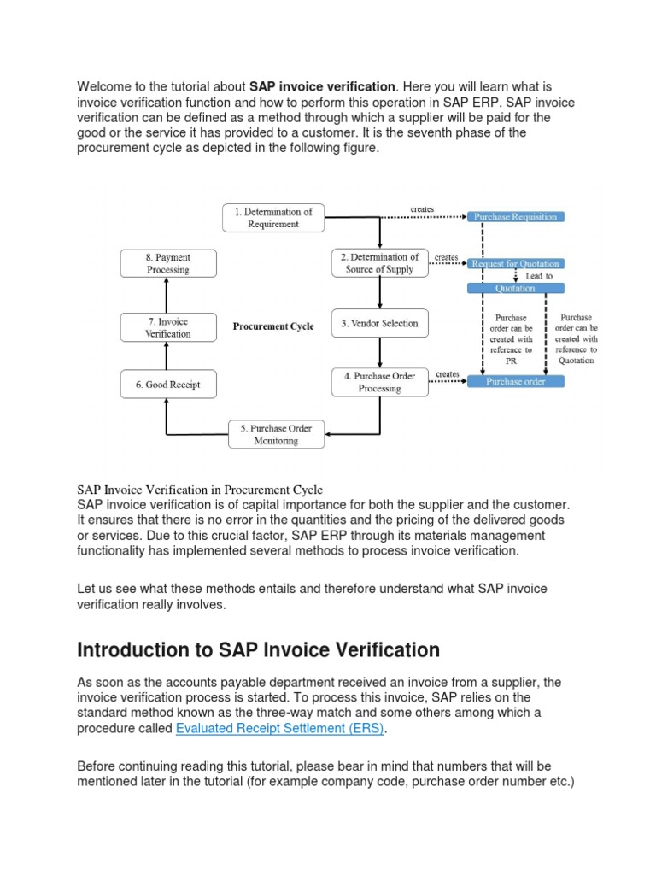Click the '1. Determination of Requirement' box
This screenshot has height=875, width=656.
pyautogui.click(x=273, y=218)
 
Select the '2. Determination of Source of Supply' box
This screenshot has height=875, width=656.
pyautogui.click(x=379, y=263)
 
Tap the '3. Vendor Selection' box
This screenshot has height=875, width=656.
pyautogui.click(x=379, y=324)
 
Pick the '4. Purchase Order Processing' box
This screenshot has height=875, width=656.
pyautogui.click(x=379, y=382)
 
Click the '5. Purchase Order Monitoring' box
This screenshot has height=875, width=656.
pyautogui.click(x=276, y=435)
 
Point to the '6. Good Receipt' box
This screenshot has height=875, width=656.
pyautogui.click(x=168, y=385)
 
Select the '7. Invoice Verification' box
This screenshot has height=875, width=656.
pyautogui.click(x=168, y=328)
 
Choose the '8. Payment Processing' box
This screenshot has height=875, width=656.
pyautogui.click(x=168, y=263)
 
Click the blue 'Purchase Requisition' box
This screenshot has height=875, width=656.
pyautogui.click(x=515, y=217)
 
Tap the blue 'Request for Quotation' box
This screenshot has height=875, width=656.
pyautogui.click(x=515, y=264)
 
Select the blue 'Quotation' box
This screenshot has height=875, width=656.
pyautogui.click(x=515, y=288)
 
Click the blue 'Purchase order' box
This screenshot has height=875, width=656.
pyautogui.click(x=515, y=382)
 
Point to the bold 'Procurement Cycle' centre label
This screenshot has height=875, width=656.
pyautogui.click(x=273, y=326)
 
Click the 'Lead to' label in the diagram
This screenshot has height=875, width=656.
pyautogui.click(x=539, y=277)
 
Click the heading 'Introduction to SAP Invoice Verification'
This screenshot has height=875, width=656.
pyautogui.click(x=258, y=650)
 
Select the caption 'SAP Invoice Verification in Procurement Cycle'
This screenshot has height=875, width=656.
pyautogui.click(x=200, y=490)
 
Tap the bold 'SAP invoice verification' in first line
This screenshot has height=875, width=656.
pyautogui.click(x=322, y=86)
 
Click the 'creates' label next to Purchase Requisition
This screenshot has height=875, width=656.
pyautogui.click(x=422, y=208)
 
